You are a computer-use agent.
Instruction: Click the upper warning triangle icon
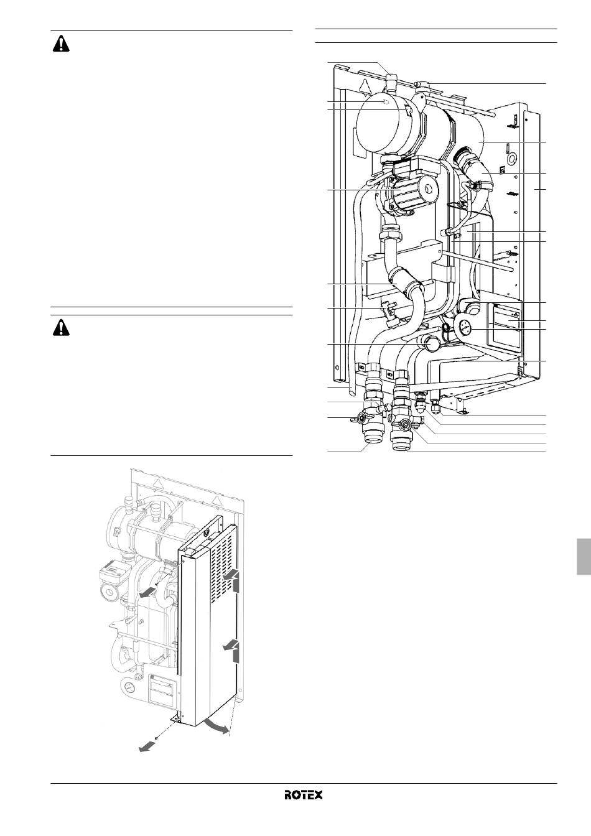pyautogui.click(x=61, y=44)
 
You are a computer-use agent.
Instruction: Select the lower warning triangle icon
pyautogui.click(x=61, y=328)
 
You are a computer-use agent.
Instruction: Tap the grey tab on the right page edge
pyautogui.click(x=584, y=557)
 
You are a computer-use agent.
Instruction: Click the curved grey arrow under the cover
pyautogui.click(x=216, y=727)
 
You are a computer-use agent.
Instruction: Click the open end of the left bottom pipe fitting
pyautogui.click(x=372, y=443)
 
